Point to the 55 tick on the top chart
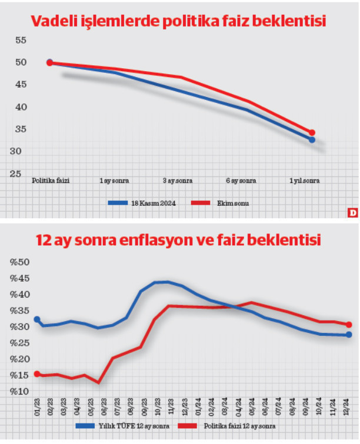(22, 40)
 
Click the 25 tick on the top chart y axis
(22, 174)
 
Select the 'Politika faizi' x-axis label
(51, 181)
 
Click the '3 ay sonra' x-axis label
(177, 181)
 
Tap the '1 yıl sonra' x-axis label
(305, 181)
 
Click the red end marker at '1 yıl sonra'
(312, 133)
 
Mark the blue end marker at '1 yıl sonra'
(312, 140)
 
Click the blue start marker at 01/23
(36, 319)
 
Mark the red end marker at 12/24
(349, 325)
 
